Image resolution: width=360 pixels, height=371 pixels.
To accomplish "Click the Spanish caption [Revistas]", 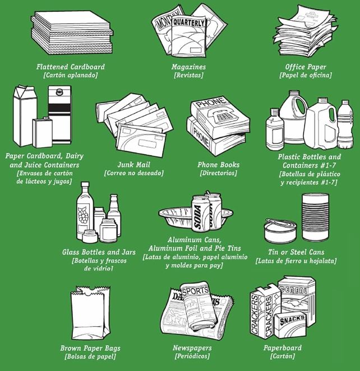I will (x=188, y=75).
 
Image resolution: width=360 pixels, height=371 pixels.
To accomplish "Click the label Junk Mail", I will (x=133, y=165).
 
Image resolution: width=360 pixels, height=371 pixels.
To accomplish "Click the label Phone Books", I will (x=218, y=165).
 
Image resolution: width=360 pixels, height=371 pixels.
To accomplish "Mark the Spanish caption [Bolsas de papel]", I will (x=90, y=356).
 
